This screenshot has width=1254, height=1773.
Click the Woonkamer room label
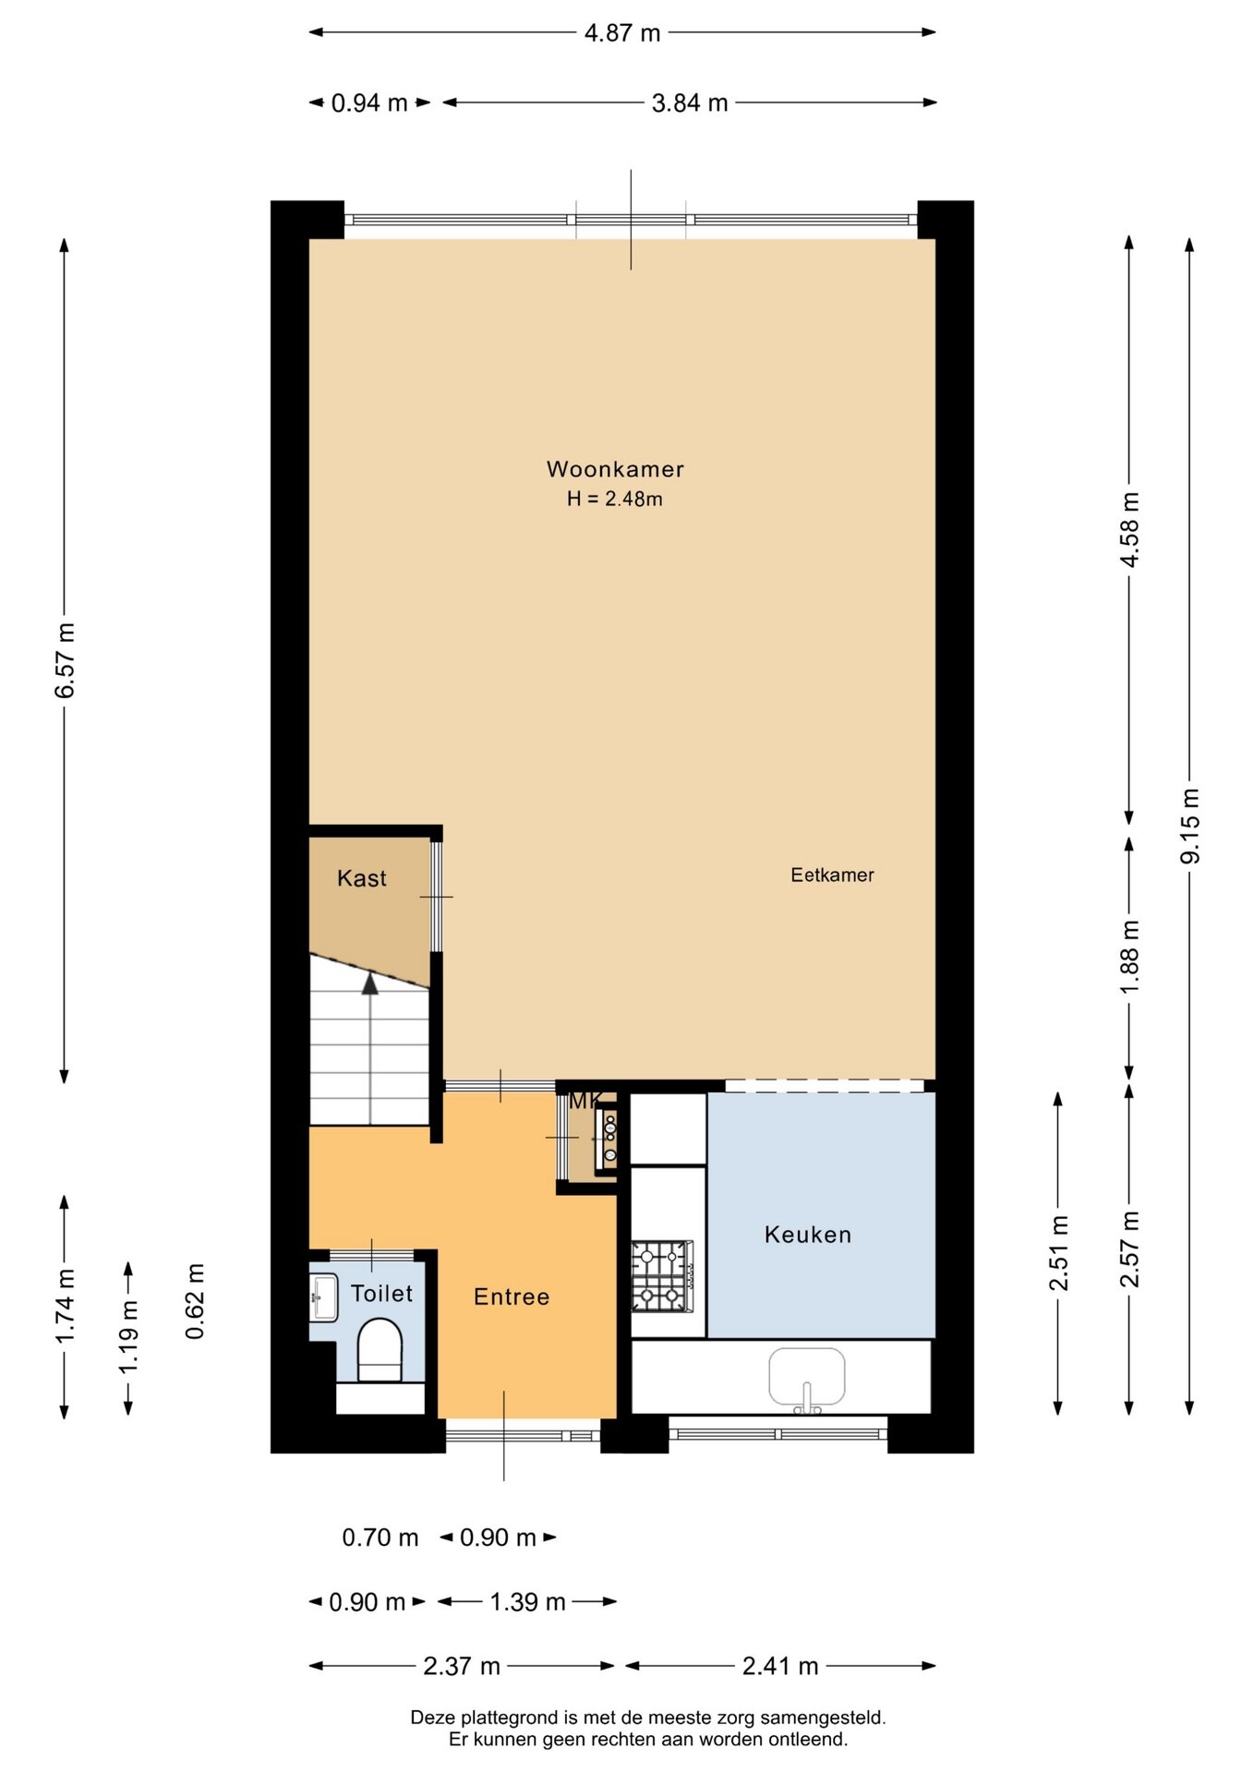tap(615, 469)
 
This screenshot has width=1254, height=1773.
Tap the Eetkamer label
tap(832, 874)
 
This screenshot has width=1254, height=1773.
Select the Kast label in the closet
tap(362, 878)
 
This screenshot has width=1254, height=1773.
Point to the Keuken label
tap(808, 1235)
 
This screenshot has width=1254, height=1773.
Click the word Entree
tap(512, 1297)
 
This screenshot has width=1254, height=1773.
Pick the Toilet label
tap(381, 1293)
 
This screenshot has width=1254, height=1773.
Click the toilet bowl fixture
tap(380, 1350)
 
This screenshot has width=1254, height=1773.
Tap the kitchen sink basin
tap(807, 1377)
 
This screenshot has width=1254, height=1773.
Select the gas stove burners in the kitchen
tap(662, 1275)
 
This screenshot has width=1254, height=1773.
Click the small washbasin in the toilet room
tap(323, 1297)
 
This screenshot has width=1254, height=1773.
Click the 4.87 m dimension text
tap(622, 33)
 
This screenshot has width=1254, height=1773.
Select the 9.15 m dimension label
tap(1189, 826)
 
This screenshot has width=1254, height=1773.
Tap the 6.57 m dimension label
tap(65, 660)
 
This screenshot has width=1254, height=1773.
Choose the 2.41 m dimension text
tap(780, 1666)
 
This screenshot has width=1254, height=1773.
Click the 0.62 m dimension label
tap(195, 1301)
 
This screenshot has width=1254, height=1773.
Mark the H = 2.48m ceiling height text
tap(615, 499)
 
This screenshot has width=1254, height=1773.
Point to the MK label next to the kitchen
tap(584, 1101)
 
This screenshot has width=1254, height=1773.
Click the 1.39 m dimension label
tap(527, 1602)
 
